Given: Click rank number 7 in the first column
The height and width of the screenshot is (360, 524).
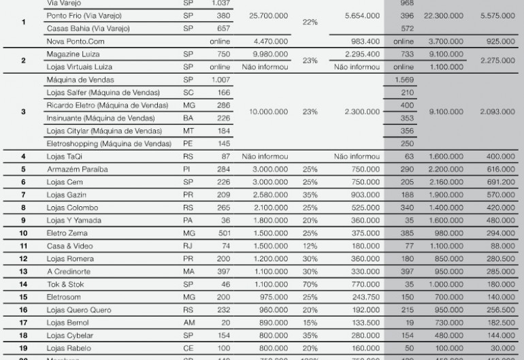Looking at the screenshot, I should (x=23, y=194).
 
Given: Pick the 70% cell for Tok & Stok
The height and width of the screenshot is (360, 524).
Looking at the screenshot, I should (x=310, y=284).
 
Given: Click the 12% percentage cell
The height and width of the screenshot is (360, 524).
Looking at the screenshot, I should (x=310, y=246).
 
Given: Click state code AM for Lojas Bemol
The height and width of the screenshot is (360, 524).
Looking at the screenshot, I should (x=189, y=323).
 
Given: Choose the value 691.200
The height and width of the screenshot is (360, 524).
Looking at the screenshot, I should (x=501, y=182).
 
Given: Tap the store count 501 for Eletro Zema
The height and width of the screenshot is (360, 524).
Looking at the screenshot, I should (x=219, y=233).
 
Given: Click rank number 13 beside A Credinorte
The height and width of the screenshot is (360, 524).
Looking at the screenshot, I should (x=23, y=271).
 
